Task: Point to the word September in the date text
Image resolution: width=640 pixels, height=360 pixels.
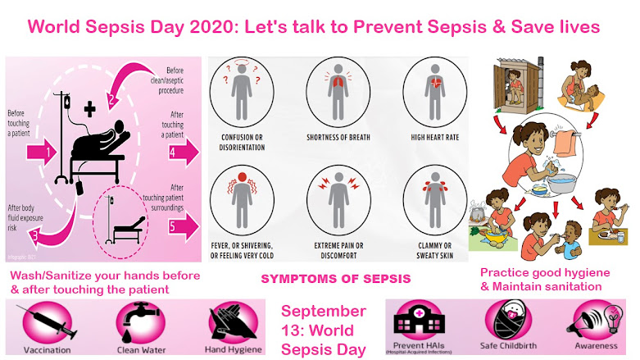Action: (x=323, y=312)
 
